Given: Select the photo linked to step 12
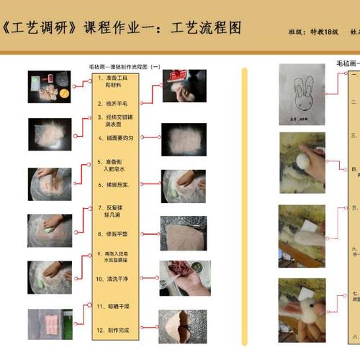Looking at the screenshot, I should (183, 325).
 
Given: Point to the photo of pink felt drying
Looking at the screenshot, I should (50, 325).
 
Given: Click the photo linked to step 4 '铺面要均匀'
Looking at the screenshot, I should (184, 138).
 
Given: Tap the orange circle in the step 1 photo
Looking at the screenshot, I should (64, 92).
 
